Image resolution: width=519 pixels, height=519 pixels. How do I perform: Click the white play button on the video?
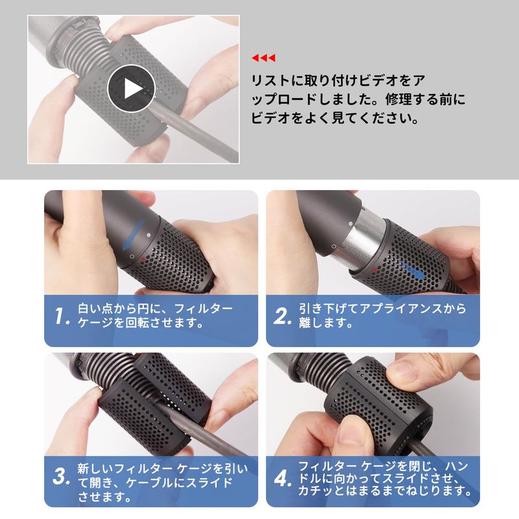coord(132,88)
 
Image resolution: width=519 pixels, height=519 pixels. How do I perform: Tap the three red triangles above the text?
coord(263,58)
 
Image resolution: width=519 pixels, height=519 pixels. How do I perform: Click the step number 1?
coord(62,316)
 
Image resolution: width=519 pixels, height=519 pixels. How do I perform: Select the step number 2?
coord(282,316)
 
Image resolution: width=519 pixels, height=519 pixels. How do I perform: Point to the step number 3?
coord(62,477)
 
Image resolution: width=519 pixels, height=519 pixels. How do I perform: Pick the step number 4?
coord(283,478)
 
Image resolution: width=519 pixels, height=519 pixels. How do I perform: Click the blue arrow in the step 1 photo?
coord(134,234)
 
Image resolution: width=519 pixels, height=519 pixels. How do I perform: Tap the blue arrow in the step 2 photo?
coord(412,271)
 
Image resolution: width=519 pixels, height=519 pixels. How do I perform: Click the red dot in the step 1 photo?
coord(143,259)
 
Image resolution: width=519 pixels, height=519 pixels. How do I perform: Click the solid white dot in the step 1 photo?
coord(149,235)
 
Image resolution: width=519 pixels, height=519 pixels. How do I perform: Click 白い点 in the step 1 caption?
coord(95,309)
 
